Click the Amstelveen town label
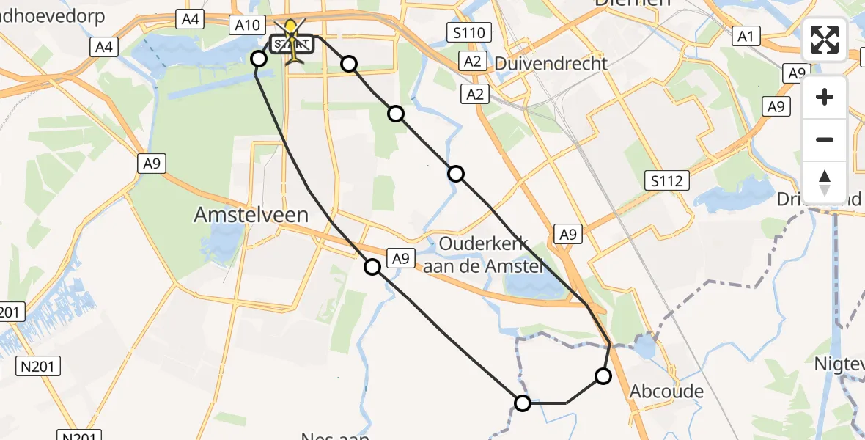click(x=251, y=214)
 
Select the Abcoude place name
click(x=666, y=392)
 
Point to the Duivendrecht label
click(x=551, y=63)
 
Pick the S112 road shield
click(x=668, y=180)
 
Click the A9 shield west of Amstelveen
click(x=152, y=164)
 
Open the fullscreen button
click(x=825, y=40)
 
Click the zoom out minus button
click(x=825, y=139)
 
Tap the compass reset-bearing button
click(x=825, y=182)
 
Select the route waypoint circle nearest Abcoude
click(x=603, y=376)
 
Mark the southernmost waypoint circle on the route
click(x=523, y=403)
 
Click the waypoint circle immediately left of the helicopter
click(x=259, y=59)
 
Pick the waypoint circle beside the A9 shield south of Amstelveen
click(x=372, y=267)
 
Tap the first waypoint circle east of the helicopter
click(x=349, y=64)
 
